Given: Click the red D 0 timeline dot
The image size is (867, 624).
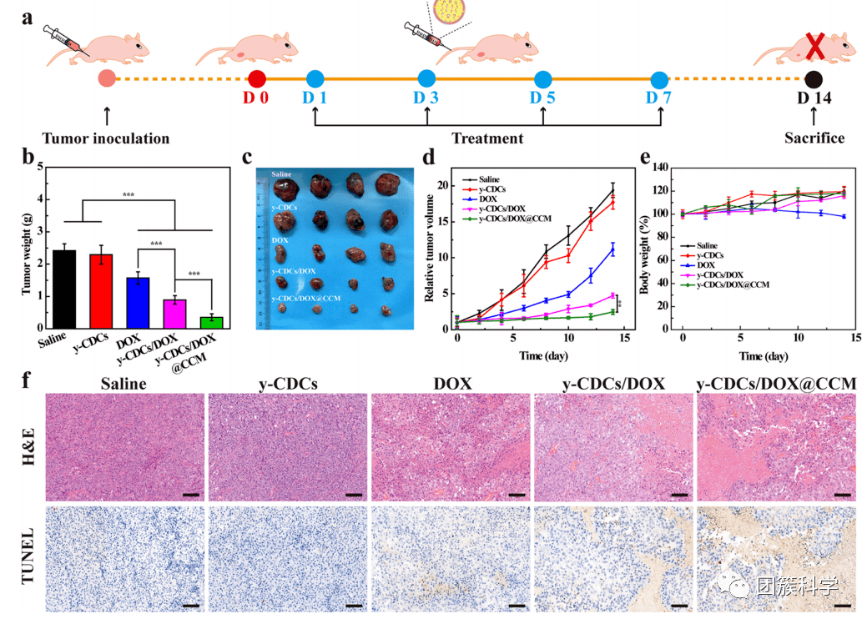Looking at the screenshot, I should point(257,79).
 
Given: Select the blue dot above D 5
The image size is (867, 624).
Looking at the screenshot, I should point(543,80).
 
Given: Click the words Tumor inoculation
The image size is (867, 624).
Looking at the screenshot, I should point(106,138).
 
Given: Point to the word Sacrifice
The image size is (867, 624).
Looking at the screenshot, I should point(814,138).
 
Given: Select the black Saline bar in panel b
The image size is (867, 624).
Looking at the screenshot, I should point(64,289).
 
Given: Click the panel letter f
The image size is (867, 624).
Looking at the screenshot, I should point(28,381).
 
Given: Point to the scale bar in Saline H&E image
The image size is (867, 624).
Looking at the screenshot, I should point(190,495).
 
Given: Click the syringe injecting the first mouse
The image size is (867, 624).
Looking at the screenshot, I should point(68,41).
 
